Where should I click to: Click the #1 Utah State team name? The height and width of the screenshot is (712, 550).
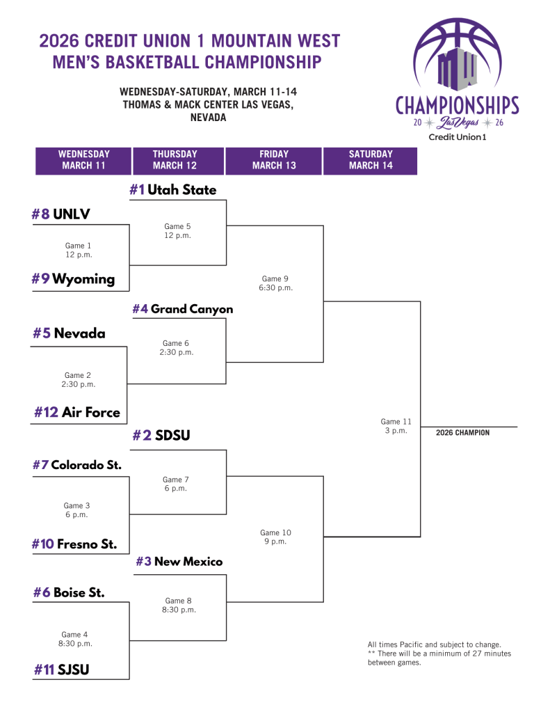tap(173, 189)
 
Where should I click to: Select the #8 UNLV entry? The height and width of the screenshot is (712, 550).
tap(61, 214)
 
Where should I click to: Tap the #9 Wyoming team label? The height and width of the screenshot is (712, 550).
tap(73, 279)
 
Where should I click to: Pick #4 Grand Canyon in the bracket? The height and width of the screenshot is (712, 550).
tap(183, 309)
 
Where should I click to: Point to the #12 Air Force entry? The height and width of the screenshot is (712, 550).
tap(77, 412)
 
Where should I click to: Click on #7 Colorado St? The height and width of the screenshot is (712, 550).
tap(77, 464)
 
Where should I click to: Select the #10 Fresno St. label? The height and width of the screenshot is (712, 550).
tap(74, 544)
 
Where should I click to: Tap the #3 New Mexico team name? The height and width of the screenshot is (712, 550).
tap(179, 561)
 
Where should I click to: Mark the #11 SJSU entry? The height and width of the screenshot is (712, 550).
tap(62, 670)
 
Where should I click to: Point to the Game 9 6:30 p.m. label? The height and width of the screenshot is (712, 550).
tap(276, 283)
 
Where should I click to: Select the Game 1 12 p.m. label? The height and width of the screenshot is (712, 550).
tap(78, 250)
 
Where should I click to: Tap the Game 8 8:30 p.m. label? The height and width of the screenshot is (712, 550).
tap(179, 605)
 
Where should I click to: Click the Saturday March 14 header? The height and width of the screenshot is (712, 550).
tap(370, 160)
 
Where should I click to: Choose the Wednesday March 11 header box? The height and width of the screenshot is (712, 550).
tap(83, 160)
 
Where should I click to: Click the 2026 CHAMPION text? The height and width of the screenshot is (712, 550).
tap(462, 433)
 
